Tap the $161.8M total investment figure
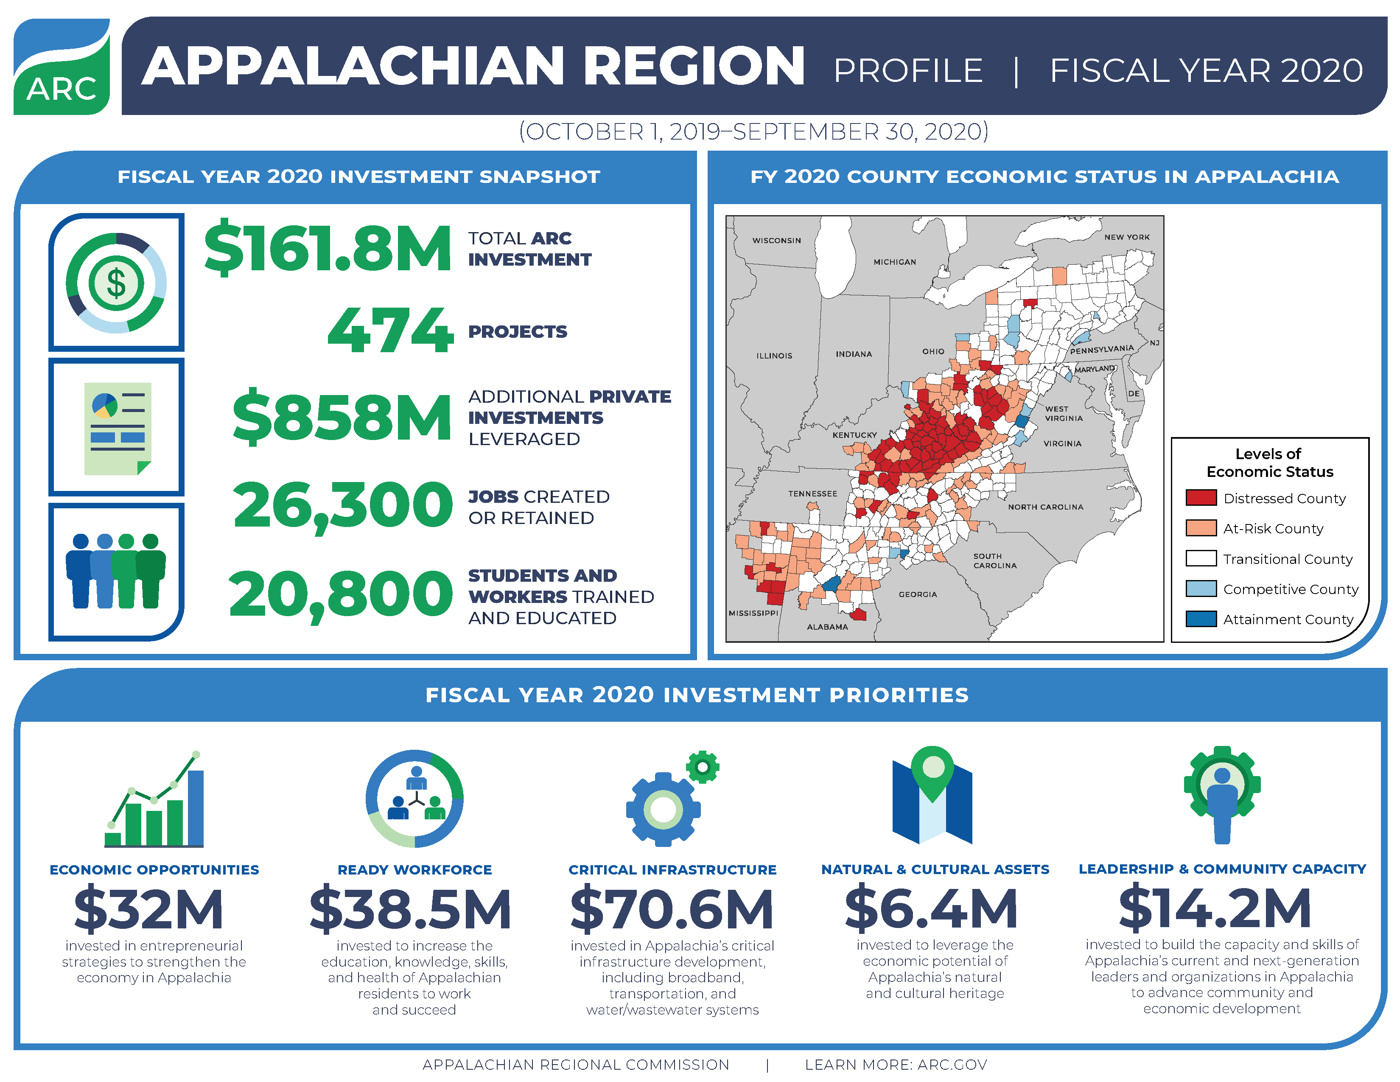(x=328, y=247)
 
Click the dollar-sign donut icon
(x=116, y=283)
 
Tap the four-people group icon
(x=116, y=570)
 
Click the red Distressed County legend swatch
(x=1201, y=498)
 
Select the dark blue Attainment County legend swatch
(x=1201, y=619)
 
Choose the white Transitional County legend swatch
(x=1201, y=558)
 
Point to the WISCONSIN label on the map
(x=776, y=240)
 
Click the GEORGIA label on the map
(x=917, y=594)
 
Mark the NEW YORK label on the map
(x=1126, y=237)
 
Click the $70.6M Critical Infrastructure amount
(x=672, y=909)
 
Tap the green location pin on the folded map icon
(x=932, y=769)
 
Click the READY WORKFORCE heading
(x=415, y=870)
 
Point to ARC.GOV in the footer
(x=952, y=1065)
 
